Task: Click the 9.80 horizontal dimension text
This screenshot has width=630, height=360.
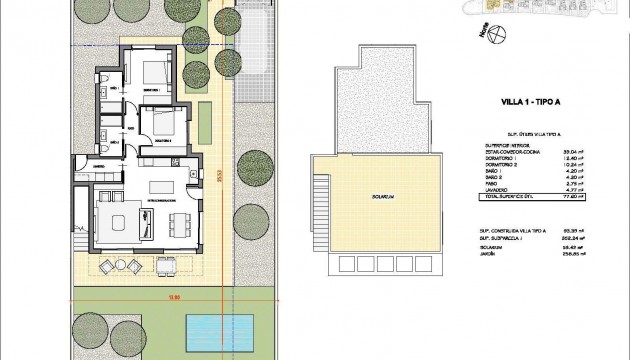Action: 144,296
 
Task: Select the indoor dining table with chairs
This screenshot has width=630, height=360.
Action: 180,221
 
